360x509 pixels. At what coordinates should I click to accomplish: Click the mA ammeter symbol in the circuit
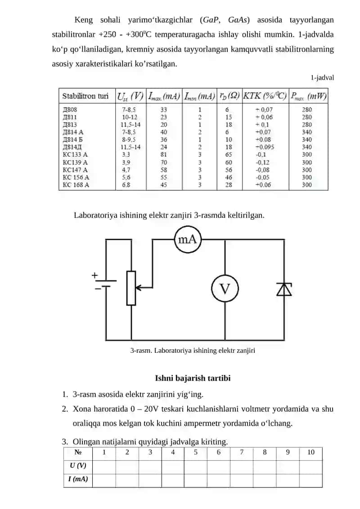click(x=188, y=239)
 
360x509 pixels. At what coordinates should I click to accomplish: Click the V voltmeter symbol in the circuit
click(x=225, y=288)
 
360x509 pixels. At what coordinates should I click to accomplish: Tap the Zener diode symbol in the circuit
click(x=284, y=289)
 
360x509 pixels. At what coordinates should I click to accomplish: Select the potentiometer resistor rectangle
click(x=131, y=288)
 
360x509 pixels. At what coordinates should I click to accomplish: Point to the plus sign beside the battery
click(x=94, y=275)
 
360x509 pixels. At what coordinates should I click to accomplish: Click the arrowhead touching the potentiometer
click(x=138, y=288)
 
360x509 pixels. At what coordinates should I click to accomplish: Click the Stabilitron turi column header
click(x=85, y=96)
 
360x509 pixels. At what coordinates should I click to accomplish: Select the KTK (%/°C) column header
click(x=265, y=96)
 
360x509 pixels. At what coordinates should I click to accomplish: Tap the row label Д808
click(x=70, y=110)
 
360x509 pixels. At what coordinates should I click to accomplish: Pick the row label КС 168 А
click(x=76, y=185)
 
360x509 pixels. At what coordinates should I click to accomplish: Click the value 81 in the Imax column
click(x=164, y=154)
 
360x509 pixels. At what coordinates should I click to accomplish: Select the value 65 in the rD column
click(x=229, y=154)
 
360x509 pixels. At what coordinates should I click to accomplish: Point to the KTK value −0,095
click(x=265, y=147)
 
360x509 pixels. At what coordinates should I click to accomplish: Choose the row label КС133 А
click(x=75, y=154)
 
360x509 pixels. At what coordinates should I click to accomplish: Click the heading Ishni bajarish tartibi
click(x=193, y=378)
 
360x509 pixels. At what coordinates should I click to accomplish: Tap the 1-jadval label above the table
click(x=322, y=77)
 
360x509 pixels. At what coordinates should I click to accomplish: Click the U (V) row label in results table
click(x=78, y=465)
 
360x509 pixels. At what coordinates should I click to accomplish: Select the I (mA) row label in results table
click(x=78, y=479)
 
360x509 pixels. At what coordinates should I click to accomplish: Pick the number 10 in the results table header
click(x=310, y=452)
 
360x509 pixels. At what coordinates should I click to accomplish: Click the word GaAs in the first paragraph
click(x=238, y=20)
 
